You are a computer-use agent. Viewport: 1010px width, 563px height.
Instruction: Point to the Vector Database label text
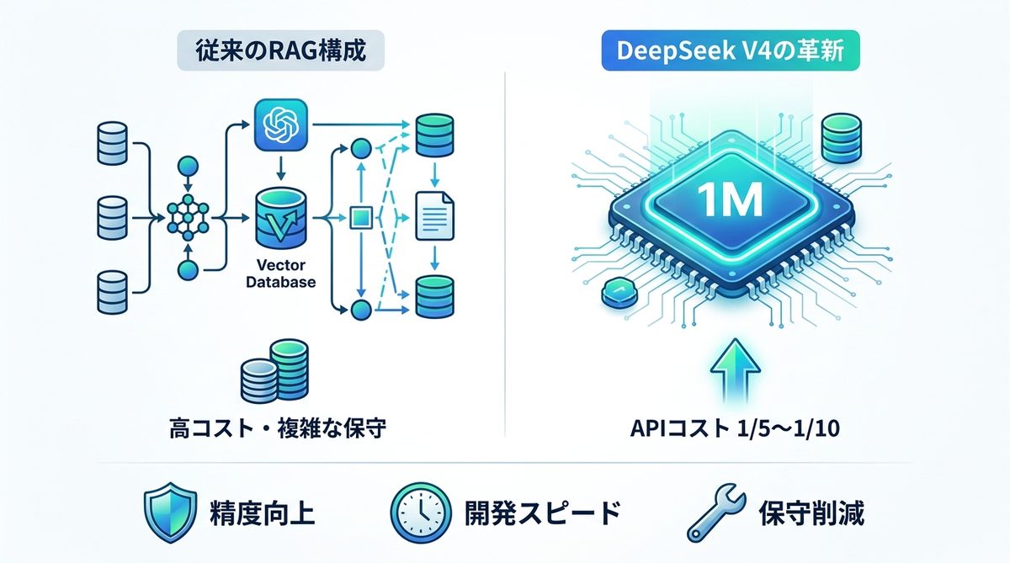(x=281, y=274)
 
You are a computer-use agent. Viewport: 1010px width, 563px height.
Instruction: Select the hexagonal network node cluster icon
(x=188, y=217)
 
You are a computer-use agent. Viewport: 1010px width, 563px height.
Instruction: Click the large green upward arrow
(x=729, y=369)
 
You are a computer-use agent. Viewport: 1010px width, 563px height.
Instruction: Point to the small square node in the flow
(x=359, y=219)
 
